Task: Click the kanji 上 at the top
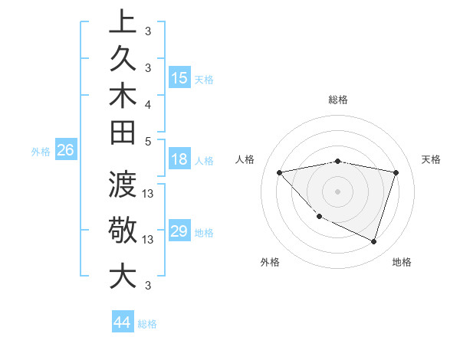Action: [x=123, y=21]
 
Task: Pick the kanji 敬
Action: [x=123, y=231]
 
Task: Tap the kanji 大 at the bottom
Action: [x=123, y=276]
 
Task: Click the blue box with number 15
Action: [x=179, y=78]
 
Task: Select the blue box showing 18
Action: [x=179, y=160]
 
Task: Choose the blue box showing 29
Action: [x=179, y=231]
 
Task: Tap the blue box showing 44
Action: [x=122, y=322]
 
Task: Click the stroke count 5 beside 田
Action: [x=148, y=140]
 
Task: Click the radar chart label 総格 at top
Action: [x=338, y=100]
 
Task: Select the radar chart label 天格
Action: [x=432, y=159]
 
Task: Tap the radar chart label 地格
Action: [x=402, y=262]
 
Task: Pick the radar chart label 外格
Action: [x=270, y=262]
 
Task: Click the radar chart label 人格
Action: [x=245, y=159]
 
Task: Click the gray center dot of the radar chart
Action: [x=337, y=191]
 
